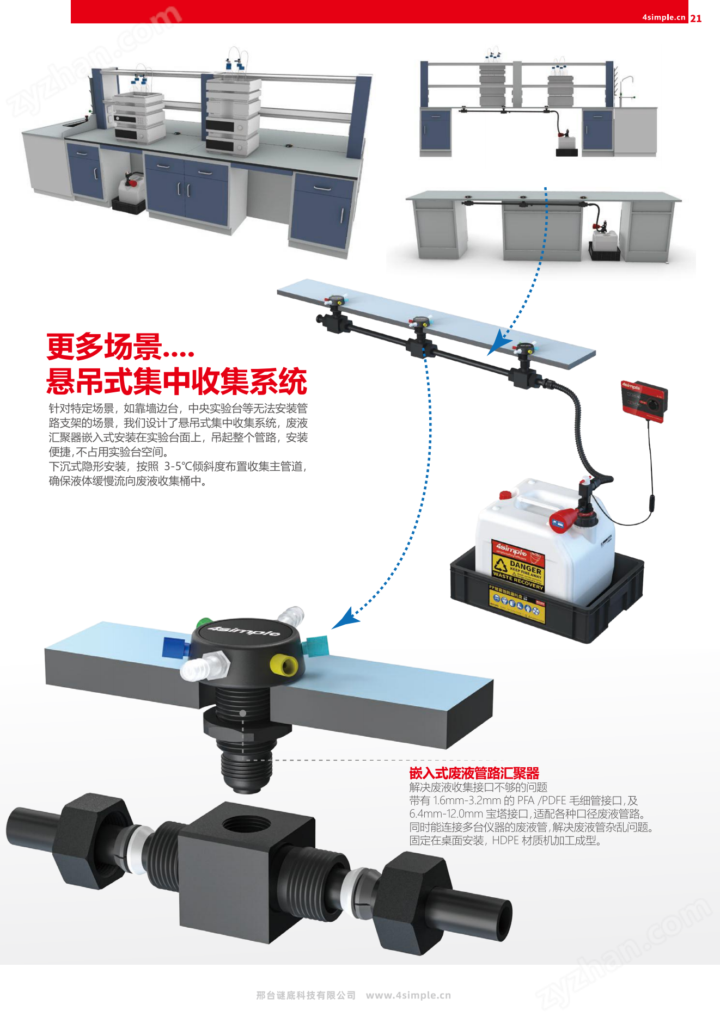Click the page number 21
695,18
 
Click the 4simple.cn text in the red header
663,17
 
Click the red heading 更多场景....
120,347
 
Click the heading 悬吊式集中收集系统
176,381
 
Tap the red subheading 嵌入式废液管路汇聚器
474,773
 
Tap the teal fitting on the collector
317,646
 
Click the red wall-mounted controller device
644,400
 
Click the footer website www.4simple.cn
408,995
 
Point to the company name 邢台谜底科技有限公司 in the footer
306,995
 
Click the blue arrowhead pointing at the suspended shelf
497,345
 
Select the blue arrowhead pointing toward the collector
344,620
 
